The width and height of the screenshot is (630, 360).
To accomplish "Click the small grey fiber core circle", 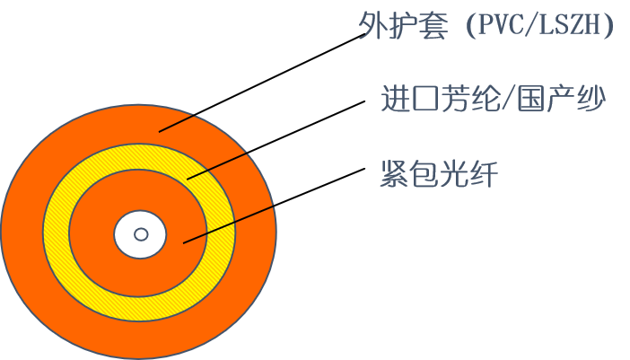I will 141,234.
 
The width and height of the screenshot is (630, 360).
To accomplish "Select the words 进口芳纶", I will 439,99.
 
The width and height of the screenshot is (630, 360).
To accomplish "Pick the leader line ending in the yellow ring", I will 217,165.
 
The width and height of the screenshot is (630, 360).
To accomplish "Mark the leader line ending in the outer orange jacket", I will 178,123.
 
